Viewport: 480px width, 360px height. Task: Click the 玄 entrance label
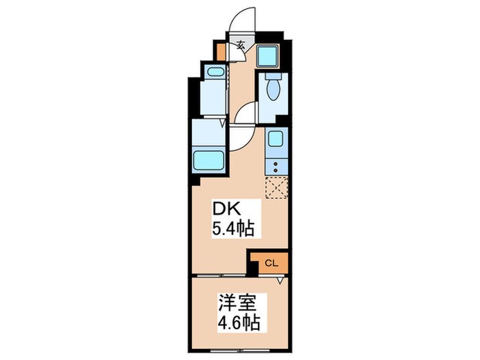[x=241, y=47]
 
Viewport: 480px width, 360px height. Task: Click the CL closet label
[x=270, y=262]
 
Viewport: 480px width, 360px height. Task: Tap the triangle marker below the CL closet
[x=280, y=280]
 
